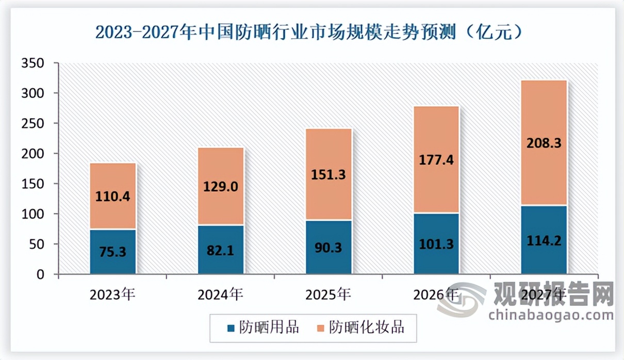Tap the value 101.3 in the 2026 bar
(x=436, y=243)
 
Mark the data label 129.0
(x=221, y=187)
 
